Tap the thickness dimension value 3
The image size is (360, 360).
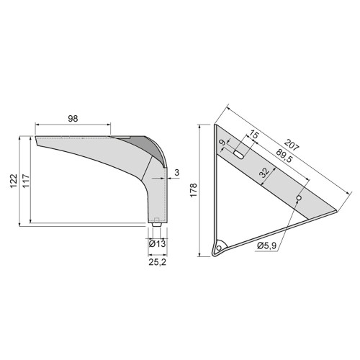(176, 172)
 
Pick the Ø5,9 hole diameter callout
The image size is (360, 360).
(269, 246)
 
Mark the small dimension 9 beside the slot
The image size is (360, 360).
(222, 144)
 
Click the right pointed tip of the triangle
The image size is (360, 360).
(336, 210)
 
